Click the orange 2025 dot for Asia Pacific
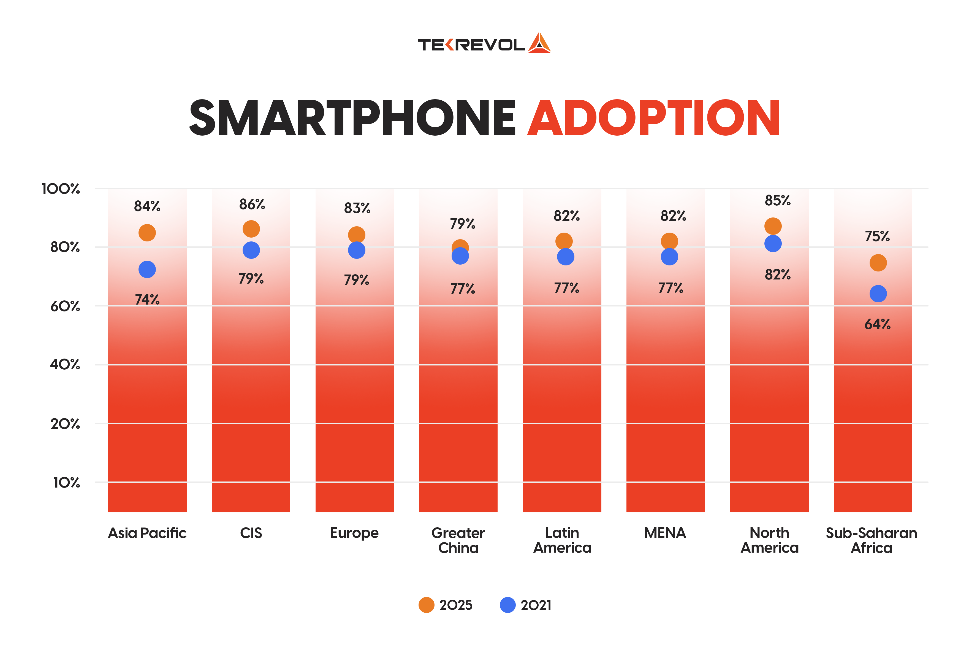coord(147,233)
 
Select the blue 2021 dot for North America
coord(773,243)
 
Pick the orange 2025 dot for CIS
coord(251,229)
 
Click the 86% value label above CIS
coord(252,204)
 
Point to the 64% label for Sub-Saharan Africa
coord(877,324)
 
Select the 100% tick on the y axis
coord(61,189)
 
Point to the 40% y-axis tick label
coord(65,365)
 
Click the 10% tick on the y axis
coord(66,482)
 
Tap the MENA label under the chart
coord(665,533)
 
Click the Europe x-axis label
coord(354,533)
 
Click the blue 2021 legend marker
coord(507,605)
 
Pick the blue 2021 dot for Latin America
coord(565,257)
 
